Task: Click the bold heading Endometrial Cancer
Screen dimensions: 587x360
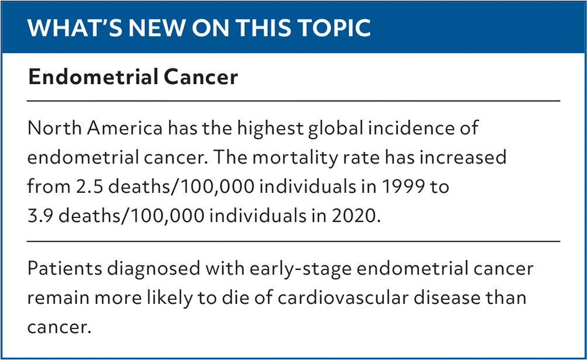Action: coord(133,77)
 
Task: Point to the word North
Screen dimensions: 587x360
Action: coord(54,129)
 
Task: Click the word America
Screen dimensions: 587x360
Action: coord(125,129)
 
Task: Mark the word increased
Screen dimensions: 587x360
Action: coord(462,158)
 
